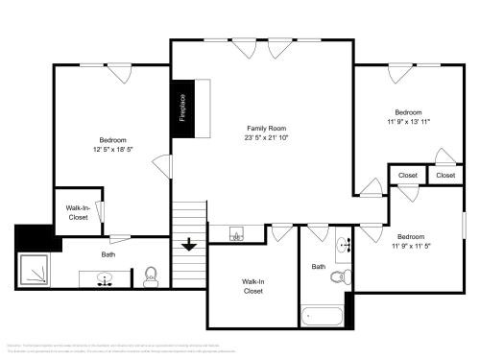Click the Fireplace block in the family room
(x=181, y=107)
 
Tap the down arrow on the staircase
(x=189, y=244)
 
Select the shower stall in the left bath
(x=35, y=272)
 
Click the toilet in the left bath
(x=150, y=277)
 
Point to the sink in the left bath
(x=107, y=279)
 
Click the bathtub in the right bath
(x=322, y=315)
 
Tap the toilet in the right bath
(x=338, y=277)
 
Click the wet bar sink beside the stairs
(x=235, y=233)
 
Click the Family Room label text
(x=266, y=128)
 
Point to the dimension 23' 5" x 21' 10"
(x=266, y=138)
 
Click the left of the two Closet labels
(x=408, y=176)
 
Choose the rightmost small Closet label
(x=445, y=176)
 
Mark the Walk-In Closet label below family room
(x=252, y=286)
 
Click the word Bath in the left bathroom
(x=108, y=254)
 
